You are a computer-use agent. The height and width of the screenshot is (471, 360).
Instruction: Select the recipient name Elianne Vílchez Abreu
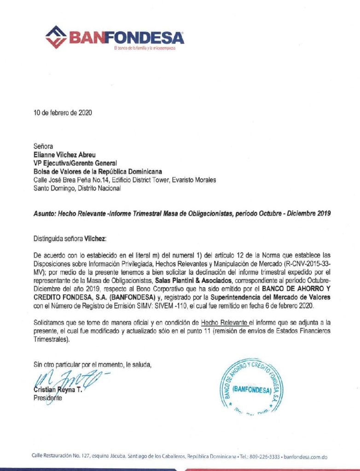68,155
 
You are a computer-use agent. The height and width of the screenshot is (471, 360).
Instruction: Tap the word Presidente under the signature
47,398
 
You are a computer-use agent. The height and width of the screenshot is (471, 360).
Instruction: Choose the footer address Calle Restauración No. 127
61,457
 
